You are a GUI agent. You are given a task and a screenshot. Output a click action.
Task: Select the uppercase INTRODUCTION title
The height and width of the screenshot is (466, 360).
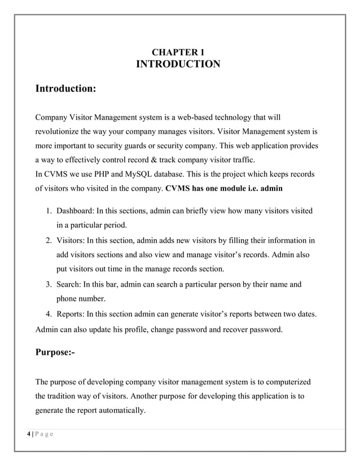(x=178, y=65)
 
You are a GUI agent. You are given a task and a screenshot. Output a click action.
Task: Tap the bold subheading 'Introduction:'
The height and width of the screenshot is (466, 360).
(x=65, y=89)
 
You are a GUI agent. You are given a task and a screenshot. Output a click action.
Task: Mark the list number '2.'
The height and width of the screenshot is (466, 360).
(x=49, y=241)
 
